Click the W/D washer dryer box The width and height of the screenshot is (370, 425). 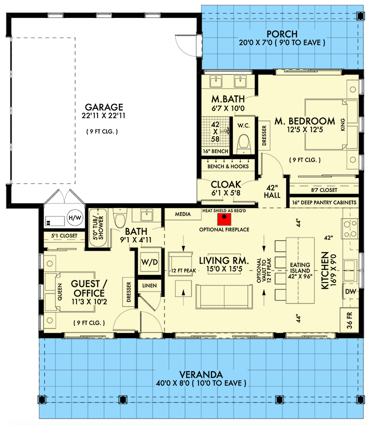147,261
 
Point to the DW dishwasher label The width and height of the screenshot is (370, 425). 350,290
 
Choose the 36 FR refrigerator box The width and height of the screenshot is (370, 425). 350,320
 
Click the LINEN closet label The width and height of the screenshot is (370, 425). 148,285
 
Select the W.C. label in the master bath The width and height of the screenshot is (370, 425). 243,124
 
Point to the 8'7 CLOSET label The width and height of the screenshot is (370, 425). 324,190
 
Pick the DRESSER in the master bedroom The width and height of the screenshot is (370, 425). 264,134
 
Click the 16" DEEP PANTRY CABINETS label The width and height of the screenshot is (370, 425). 324,202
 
